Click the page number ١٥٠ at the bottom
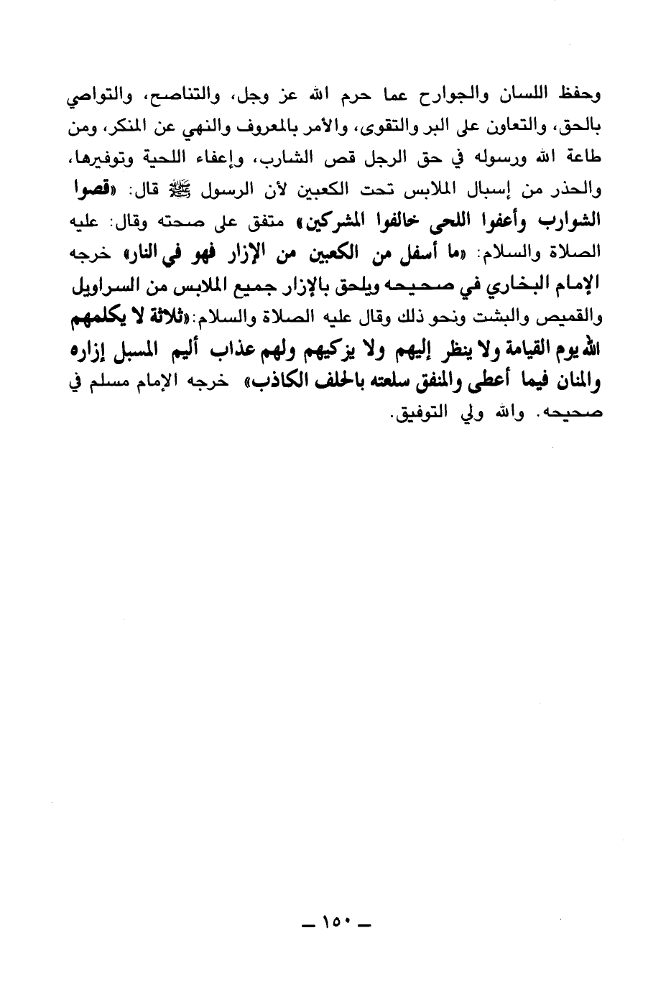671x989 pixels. pyautogui.click(x=335, y=921)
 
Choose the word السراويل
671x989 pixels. pyautogui.click(x=106, y=289)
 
